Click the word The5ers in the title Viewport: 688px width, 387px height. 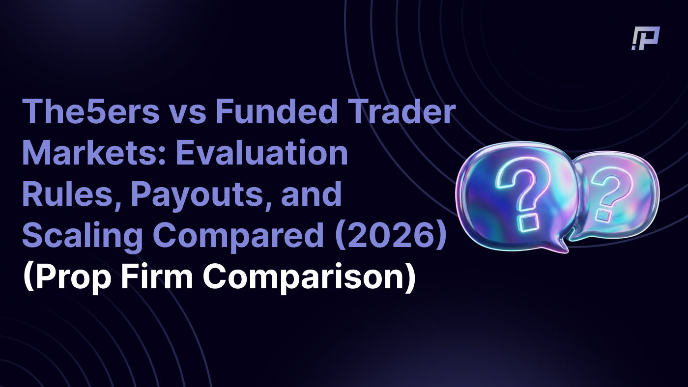(91, 111)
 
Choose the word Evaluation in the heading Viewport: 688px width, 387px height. (262, 153)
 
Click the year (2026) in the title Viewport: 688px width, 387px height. (390, 236)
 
